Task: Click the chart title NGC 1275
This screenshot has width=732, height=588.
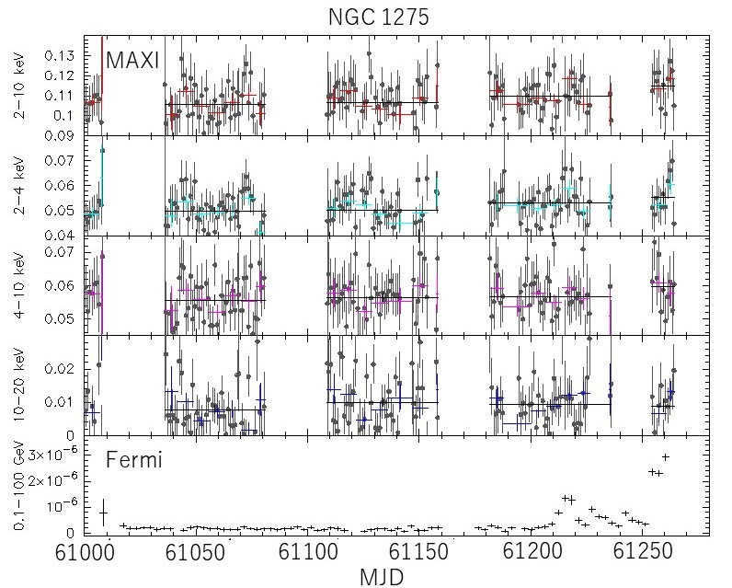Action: pyautogui.click(x=379, y=17)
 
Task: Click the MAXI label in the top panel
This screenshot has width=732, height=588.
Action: pyautogui.click(x=133, y=60)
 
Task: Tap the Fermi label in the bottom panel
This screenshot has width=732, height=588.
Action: pyautogui.click(x=134, y=459)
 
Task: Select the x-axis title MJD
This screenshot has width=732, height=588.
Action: pyautogui.click(x=382, y=577)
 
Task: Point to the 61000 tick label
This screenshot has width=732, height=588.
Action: pyautogui.click(x=85, y=552)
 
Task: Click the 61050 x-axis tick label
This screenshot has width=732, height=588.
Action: pyautogui.click(x=196, y=552)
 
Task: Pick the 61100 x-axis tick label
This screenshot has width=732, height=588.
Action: pyautogui.click(x=308, y=552)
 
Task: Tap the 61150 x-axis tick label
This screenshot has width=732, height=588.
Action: pyautogui.click(x=418, y=552)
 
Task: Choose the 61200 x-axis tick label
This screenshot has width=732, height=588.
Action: pyautogui.click(x=532, y=552)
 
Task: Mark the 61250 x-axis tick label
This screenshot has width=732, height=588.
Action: pyautogui.click(x=643, y=552)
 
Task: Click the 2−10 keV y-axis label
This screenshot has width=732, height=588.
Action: pyautogui.click(x=20, y=87)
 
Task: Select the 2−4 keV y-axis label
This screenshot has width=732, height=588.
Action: pyautogui.click(x=20, y=188)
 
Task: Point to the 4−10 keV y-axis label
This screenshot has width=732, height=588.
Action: pyautogui.click(x=20, y=286)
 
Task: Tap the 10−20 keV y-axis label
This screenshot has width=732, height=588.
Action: pyautogui.click(x=20, y=385)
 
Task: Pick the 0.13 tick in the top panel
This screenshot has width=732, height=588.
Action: pyautogui.click(x=59, y=55)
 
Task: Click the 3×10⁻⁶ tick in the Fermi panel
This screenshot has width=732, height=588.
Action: pyautogui.click(x=52, y=455)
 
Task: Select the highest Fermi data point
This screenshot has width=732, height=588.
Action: pyautogui.click(x=665, y=456)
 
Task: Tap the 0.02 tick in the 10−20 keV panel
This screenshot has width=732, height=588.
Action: pyautogui.click(x=59, y=369)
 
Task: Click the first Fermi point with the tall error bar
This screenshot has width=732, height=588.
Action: pyautogui.click(x=103, y=513)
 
